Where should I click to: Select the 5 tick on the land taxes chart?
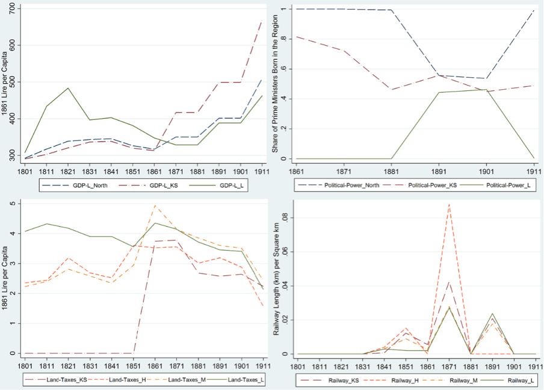(14, 204)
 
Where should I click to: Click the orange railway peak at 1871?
(448, 204)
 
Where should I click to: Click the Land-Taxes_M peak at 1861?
(155, 206)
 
